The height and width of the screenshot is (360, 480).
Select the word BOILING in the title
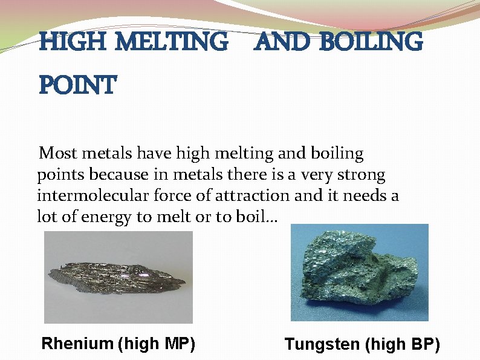pos(372,42)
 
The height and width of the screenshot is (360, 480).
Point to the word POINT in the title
pos(77,86)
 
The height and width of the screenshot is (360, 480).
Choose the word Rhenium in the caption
pos(77,344)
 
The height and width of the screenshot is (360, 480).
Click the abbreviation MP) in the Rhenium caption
pos(180,344)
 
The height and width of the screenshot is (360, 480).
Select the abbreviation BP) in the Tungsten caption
pos(425,345)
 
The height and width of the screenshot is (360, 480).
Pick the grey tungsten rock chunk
pos(359,272)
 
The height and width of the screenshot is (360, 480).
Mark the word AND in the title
pos(282,42)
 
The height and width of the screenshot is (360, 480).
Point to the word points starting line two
pos(60,175)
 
